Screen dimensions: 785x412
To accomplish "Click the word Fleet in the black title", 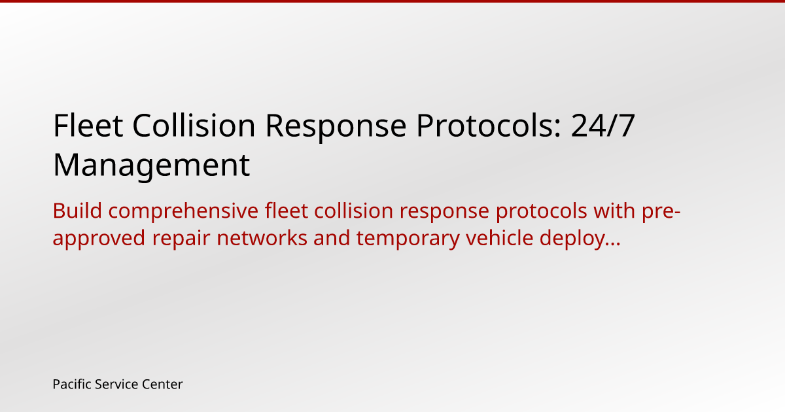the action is [x=88, y=126].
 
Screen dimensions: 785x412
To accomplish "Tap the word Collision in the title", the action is [x=194, y=126].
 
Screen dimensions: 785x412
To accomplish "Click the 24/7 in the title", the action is [x=602, y=126].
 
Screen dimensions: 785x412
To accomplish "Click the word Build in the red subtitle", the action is [x=77, y=211].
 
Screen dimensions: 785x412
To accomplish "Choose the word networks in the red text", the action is [x=262, y=238].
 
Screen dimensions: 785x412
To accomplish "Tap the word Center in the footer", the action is [x=162, y=385].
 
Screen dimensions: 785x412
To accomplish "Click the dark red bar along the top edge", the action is [x=392, y=1].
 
